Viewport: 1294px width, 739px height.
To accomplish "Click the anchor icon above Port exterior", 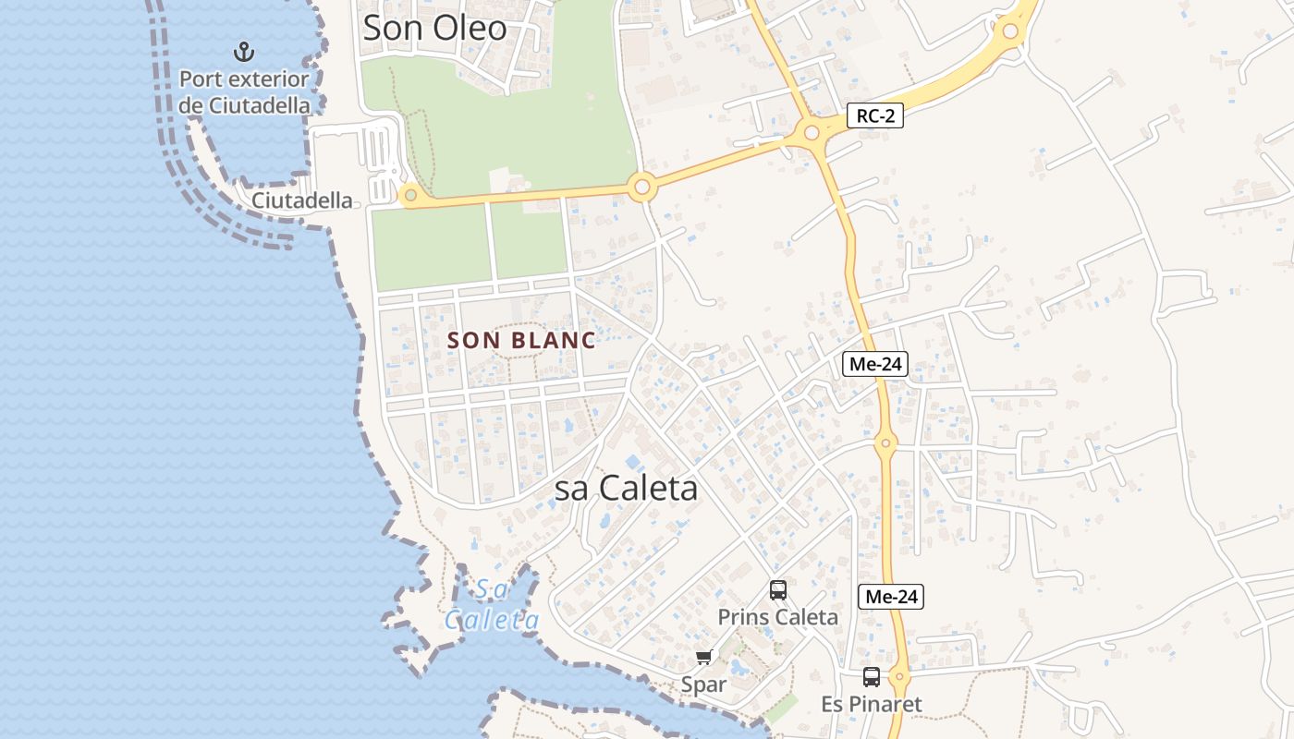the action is [x=244, y=51].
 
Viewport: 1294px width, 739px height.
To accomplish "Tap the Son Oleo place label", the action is [x=434, y=28].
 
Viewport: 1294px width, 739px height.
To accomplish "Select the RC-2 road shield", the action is [x=874, y=115].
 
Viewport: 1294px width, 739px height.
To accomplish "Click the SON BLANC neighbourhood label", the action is [x=521, y=340].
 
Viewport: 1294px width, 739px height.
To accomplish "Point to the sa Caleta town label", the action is [x=626, y=489].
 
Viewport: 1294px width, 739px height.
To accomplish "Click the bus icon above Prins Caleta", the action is [x=778, y=589].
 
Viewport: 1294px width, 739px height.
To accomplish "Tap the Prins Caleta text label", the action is [x=778, y=617].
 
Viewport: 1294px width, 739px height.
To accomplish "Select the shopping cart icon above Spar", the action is [x=704, y=657].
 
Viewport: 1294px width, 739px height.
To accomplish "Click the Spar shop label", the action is [x=703, y=684].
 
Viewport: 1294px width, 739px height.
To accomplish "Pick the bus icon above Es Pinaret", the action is [x=872, y=677].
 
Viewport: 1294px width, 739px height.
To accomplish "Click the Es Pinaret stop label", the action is [x=872, y=705].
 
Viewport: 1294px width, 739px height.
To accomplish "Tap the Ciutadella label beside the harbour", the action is [x=302, y=200].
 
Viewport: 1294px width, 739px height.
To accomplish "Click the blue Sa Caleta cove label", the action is [x=492, y=605].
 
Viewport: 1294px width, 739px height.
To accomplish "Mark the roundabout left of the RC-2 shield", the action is [x=812, y=133].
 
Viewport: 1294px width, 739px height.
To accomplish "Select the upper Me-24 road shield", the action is [x=875, y=364].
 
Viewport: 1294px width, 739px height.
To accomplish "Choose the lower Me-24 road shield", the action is [x=891, y=597].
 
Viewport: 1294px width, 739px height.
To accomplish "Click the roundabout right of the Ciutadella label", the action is [x=410, y=195].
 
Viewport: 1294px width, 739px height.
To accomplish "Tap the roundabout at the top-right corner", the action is [x=1010, y=31].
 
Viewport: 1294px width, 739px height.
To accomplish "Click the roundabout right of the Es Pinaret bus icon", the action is [x=900, y=677].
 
